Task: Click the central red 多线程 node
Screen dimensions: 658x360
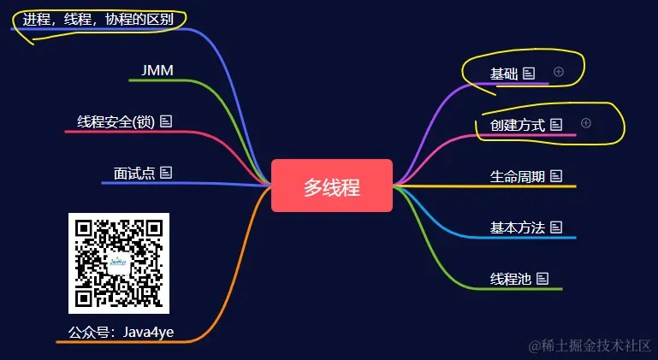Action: [331, 186]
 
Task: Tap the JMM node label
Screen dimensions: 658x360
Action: [157, 69]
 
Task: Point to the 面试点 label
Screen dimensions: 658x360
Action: [134, 173]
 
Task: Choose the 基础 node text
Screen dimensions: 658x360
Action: [504, 74]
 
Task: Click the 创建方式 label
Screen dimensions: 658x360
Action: [518, 125]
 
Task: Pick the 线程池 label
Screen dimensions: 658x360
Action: [511, 279]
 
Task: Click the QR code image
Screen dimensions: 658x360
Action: [119, 263]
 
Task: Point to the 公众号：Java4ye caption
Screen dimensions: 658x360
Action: [121, 332]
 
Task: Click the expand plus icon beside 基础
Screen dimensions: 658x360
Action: [559, 72]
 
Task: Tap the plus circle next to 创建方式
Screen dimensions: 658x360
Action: [586, 124]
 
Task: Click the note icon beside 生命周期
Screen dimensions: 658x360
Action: [556, 176]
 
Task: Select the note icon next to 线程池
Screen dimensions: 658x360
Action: [542, 279]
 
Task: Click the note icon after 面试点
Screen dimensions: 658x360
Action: [166, 173]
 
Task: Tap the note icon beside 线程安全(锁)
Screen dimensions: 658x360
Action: [166, 121]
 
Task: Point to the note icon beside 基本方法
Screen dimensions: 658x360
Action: [556, 227]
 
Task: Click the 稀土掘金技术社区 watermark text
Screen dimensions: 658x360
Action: [590, 345]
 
